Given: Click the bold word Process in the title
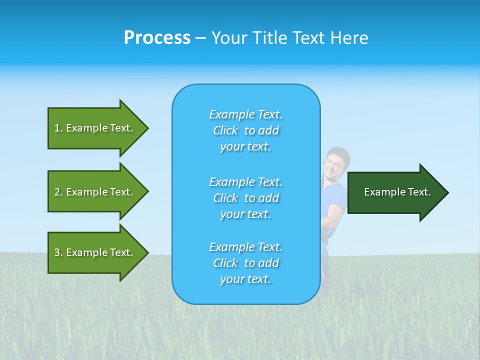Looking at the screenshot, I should pyautogui.click(x=157, y=38).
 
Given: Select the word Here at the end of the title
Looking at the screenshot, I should pyautogui.click(x=349, y=38).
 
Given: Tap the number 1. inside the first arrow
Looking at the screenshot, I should pyautogui.click(x=58, y=128).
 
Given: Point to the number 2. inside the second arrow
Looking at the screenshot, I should pyautogui.click(x=58, y=192).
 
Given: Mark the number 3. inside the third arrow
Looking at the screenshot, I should pyautogui.click(x=58, y=252).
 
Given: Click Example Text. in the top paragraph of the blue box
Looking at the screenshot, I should pyautogui.click(x=245, y=114).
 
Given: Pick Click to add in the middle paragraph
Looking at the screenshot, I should pyautogui.click(x=245, y=198).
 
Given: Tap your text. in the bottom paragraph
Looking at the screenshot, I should pyautogui.click(x=245, y=279).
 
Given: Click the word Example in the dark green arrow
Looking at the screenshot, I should pyautogui.click(x=381, y=192).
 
